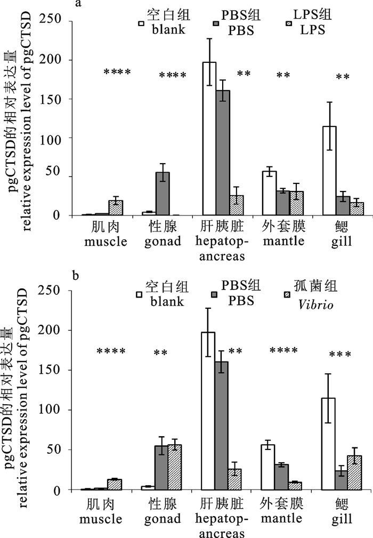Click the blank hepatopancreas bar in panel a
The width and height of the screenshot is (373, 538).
209,139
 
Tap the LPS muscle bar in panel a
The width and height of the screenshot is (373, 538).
116,208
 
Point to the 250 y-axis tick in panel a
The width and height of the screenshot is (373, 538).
66,21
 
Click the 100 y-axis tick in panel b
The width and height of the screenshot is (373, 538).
66,410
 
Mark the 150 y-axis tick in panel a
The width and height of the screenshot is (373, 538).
66,99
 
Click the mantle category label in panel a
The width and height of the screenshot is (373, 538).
283,241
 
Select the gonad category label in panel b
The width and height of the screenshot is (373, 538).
162,519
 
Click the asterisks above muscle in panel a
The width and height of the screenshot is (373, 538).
117,73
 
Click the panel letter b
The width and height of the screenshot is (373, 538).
77,276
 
